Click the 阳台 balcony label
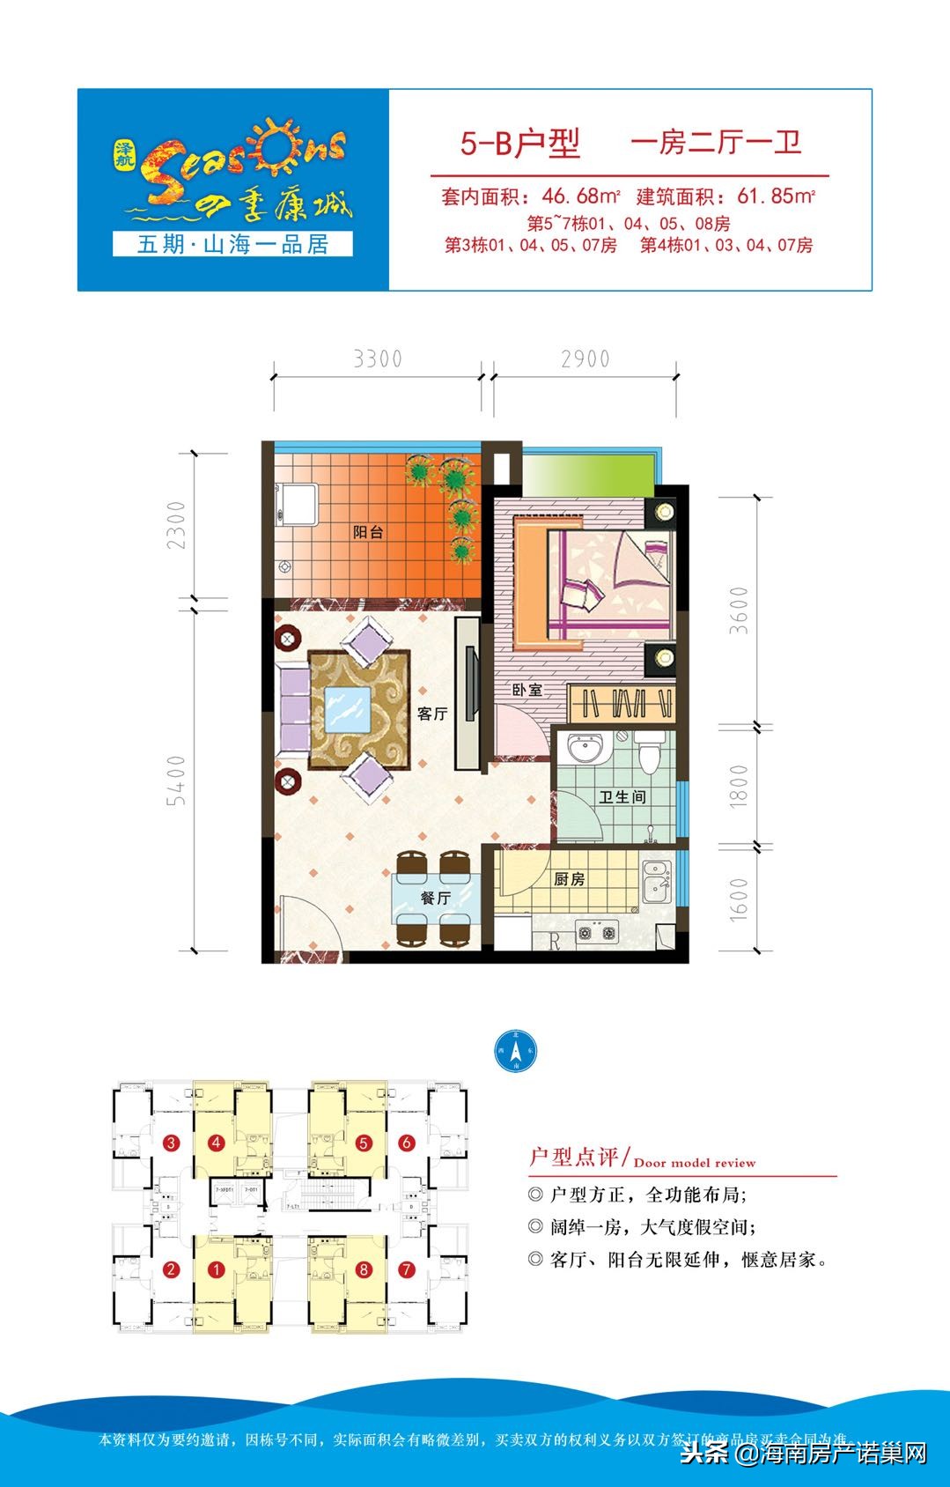click(367, 532)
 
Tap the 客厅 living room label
click(431, 714)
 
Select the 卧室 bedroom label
click(527, 690)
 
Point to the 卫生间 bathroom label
click(622, 796)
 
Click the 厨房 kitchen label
click(569, 879)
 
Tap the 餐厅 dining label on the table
click(435, 898)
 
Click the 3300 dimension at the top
click(377, 359)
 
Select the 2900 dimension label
click(585, 359)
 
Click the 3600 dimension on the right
click(739, 610)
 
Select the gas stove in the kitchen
click(597, 932)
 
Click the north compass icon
click(515, 1051)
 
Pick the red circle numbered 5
click(363, 1143)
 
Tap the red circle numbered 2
click(171, 1270)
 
